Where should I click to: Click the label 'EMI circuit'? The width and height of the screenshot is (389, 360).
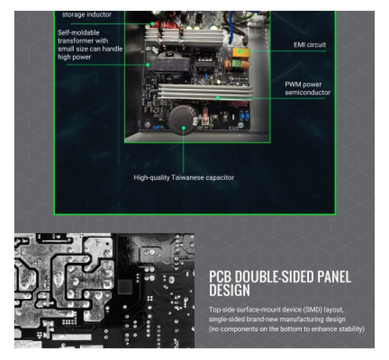[x=309, y=45]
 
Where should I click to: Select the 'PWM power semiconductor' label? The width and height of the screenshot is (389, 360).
[x=307, y=89]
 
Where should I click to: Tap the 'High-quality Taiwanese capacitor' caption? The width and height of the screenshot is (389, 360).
[x=184, y=178]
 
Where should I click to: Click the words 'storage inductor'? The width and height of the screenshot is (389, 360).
[x=86, y=15]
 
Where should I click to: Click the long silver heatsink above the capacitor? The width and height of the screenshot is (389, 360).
[x=206, y=91]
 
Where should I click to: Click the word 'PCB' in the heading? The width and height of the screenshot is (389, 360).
[x=220, y=277]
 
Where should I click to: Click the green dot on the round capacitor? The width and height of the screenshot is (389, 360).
[x=184, y=128]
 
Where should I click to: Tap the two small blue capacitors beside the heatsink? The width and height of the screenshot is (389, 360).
[x=244, y=116]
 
